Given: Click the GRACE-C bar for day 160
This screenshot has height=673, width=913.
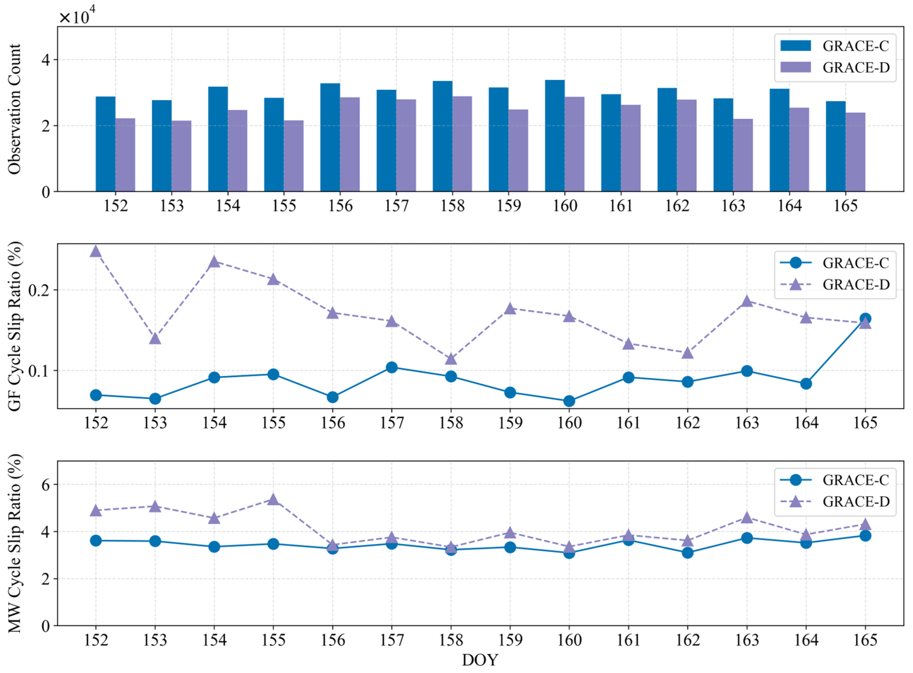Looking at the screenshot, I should click(x=555, y=136).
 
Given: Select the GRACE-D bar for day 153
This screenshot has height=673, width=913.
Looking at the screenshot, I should click(x=181, y=156).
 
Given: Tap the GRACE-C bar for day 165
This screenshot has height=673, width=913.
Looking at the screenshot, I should click(x=836, y=146).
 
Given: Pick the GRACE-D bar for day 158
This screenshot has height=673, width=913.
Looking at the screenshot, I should click(x=462, y=144).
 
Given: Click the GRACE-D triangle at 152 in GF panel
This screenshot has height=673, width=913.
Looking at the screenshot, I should click(x=96, y=251).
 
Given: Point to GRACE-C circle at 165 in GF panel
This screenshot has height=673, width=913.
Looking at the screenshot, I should click(x=865, y=318).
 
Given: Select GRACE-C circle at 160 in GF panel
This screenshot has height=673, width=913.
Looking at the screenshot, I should click(x=569, y=401).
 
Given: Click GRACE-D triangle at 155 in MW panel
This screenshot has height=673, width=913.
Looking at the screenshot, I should click(x=273, y=499).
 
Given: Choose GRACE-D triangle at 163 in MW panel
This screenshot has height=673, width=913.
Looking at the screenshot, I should click(x=747, y=518).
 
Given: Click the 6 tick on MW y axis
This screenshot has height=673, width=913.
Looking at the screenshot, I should click(x=45, y=485).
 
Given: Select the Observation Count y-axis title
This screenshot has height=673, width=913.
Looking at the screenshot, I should click(x=14, y=109).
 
